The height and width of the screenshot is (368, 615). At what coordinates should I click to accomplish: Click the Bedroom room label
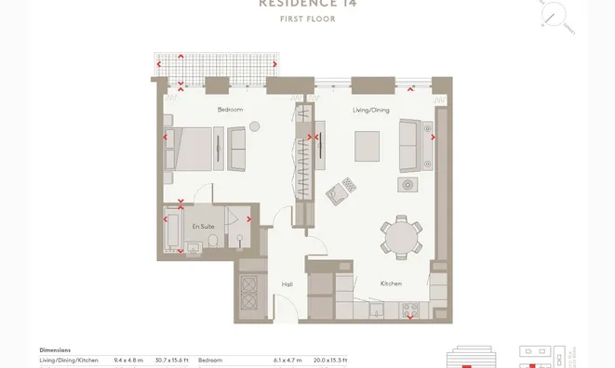coord(230,110)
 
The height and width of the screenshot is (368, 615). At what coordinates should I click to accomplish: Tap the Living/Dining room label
coord(370,110)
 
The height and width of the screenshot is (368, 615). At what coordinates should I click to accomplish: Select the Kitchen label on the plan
coord(391,283)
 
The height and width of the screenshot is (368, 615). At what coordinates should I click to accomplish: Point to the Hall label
coord(287,284)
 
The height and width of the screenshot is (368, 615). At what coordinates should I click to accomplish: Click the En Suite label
coord(203,226)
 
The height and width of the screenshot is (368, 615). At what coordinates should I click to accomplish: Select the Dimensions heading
coord(58,349)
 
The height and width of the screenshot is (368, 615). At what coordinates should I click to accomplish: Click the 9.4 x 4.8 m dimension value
coord(126,360)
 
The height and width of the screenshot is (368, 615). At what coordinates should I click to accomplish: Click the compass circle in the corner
coord(555,15)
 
